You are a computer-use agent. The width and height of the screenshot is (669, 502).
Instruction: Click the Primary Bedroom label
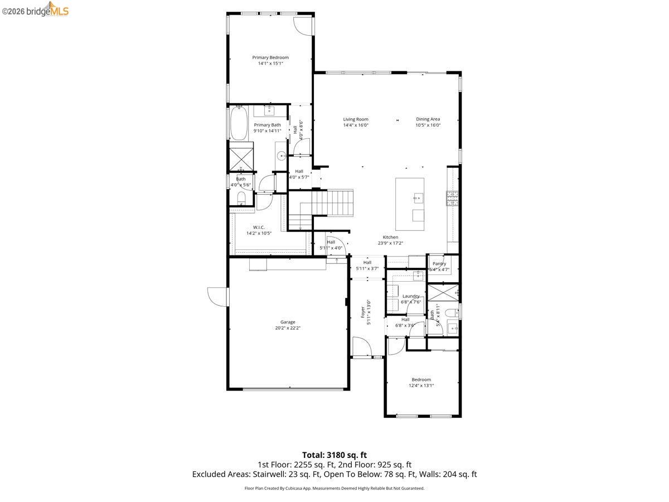(270, 57)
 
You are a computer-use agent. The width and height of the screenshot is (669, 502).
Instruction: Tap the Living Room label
(356, 119)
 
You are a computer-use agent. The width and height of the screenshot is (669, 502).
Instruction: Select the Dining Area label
(428, 119)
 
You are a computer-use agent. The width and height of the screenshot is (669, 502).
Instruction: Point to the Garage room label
(288, 322)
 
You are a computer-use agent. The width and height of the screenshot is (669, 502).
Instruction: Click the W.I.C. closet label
(259, 227)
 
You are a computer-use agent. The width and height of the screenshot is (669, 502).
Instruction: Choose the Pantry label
(439, 263)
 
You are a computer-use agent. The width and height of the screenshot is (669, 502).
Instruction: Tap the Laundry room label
(411, 296)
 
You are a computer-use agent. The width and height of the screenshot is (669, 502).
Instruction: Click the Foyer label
(363, 311)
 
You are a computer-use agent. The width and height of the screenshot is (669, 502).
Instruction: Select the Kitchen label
(390, 237)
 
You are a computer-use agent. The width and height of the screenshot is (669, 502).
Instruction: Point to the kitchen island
(410, 204)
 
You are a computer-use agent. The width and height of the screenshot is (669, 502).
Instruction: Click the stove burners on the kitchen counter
(452, 197)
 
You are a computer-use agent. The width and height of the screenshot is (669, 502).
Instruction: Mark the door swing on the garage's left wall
(217, 296)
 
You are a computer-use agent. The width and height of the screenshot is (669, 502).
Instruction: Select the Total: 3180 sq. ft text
(334, 455)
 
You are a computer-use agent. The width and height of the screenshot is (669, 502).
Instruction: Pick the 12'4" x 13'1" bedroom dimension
(421, 385)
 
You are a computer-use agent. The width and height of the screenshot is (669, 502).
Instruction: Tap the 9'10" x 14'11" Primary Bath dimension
(268, 131)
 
